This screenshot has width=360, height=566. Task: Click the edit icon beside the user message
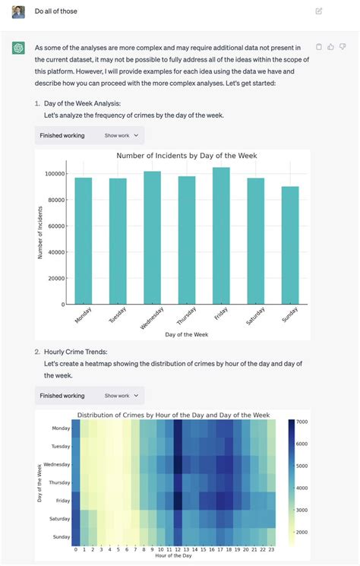[319, 11]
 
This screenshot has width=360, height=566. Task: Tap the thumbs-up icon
[330, 47]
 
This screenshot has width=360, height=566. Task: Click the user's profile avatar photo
[18, 11]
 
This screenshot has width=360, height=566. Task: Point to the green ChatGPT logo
[18, 48]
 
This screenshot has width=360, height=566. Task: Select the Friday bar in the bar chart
[221, 236]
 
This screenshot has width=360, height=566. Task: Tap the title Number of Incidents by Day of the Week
[186, 156]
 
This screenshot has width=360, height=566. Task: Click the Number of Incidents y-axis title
[40, 229]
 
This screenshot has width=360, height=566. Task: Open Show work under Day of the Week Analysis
[122, 135]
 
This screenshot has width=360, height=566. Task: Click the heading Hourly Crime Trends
[76, 352]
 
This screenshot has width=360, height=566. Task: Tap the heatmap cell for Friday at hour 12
[178, 501]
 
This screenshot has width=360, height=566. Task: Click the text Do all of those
[56, 11]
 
